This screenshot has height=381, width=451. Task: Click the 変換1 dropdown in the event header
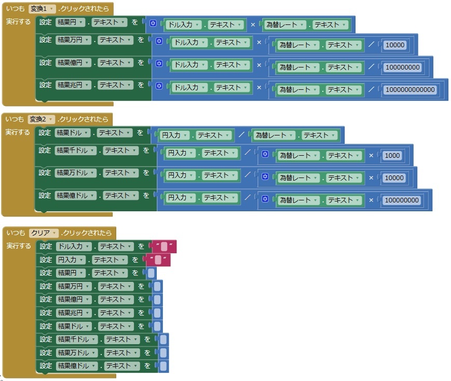(42, 8)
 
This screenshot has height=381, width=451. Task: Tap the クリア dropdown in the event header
(44, 233)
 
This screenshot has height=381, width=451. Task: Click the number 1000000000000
(411, 90)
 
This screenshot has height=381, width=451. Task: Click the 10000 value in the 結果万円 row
(394, 45)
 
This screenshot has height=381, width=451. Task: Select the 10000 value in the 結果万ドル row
(394, 178)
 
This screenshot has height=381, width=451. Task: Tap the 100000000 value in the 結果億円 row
(402, 67)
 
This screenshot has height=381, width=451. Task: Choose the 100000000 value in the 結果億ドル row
(402, 200)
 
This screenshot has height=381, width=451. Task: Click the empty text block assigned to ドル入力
(163, 247)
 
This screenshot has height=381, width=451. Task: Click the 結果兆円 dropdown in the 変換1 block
(73, 85)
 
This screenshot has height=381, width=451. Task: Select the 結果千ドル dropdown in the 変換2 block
(76, 151)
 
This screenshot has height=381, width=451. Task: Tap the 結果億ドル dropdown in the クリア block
(76, 366)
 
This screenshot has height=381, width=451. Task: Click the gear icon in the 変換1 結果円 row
(153, 23)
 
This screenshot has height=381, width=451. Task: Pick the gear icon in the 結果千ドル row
(265, 155)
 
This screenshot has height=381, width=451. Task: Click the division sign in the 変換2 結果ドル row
(242, 135)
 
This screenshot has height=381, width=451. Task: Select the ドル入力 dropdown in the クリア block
(73, 247)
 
